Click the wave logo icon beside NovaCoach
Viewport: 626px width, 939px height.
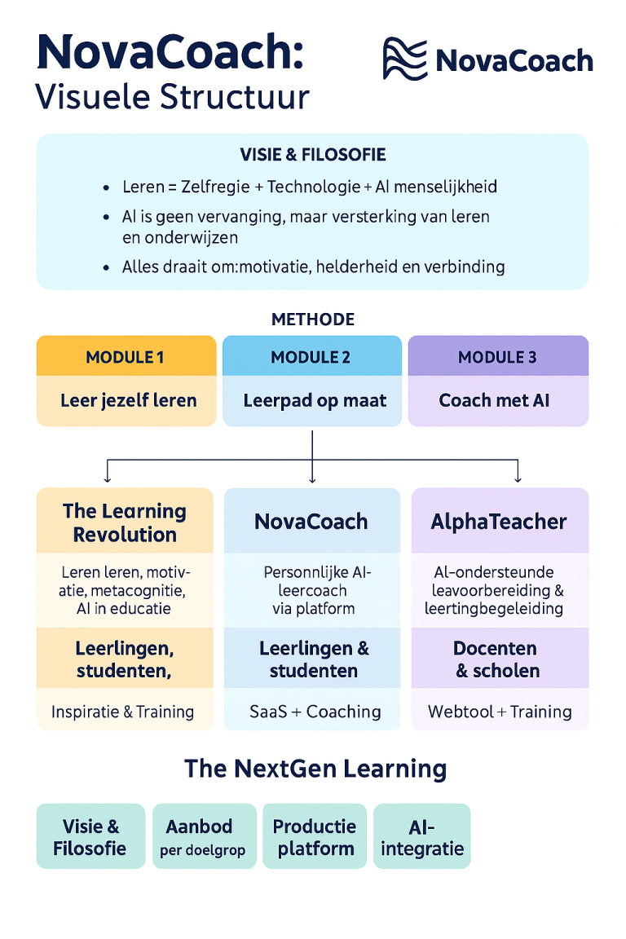tap(405, 59)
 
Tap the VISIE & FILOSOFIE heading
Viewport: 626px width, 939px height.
tap(313, 155)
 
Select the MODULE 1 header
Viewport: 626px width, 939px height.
tap(126, 357)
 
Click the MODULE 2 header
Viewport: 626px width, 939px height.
tap(312, 357)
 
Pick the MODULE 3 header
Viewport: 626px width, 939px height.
tap(498, 357)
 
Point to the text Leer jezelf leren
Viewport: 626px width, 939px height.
tap(128, 401)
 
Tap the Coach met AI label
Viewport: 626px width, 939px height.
tap(494, 401)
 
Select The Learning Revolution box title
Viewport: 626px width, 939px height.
tap(125, 522)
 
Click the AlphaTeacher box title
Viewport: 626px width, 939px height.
tap(499, 522)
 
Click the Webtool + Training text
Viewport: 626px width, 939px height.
tap(500, 712)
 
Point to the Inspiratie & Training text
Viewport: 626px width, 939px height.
tap(123, 712)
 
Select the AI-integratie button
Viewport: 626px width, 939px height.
tap(422, 837)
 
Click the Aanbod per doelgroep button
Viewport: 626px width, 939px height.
tap(205, 837)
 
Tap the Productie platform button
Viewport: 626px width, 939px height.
tap(315, 837)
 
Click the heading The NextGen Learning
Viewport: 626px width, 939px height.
tap(315, 769)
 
